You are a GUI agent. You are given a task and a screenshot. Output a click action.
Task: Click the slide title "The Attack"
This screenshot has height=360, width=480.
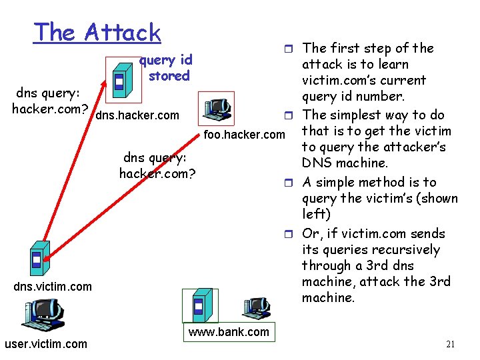point(97,33)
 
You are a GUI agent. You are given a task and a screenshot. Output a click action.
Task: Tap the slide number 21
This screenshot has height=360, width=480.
point(451,344)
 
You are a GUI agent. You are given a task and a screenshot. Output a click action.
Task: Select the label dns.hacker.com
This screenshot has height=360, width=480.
point(137,115)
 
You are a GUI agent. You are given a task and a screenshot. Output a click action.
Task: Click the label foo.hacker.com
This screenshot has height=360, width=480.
point(244,136)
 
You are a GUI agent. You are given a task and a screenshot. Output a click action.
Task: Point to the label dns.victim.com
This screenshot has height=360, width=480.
point(53,286)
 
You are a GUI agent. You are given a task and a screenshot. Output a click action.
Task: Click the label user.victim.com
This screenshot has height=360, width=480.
point(45,344)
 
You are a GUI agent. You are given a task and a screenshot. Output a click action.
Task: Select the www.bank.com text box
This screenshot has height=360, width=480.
point(228,332)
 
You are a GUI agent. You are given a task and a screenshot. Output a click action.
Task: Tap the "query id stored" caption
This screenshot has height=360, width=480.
point(167,68)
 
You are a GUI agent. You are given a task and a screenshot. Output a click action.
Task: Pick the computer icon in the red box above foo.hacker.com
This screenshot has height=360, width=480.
point(217,107)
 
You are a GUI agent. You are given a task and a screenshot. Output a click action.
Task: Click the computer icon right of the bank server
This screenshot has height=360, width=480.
point(254,310)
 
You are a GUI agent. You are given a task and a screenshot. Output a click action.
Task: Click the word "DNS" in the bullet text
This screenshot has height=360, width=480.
point(317,163)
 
